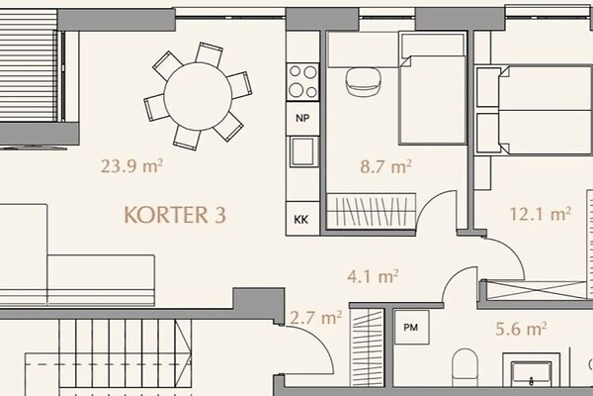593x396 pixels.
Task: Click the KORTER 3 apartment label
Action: click(x=175, y=215)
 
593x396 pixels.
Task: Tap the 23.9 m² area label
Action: click(x=131, y=166)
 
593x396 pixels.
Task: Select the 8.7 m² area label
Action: click(x=385, y=166)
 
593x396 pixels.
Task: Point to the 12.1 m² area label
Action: click(x=540, y=214)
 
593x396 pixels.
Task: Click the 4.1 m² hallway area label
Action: click(x=373, y=276)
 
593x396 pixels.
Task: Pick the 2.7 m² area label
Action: click(x=316, y=318)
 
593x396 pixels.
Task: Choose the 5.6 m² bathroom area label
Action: click(x=521, y=329)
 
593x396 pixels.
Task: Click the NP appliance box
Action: click(x=302, y=118)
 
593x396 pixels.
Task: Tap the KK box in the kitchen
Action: click(x=301, y=219)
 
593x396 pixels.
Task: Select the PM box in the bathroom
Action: click(x=411, y=327)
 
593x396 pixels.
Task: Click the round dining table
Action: click(x=198, y=97)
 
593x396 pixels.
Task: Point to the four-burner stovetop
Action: click(x=302, y=82)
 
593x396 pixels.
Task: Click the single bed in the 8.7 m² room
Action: click(x=432, y=88)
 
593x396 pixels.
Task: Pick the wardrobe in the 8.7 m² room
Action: click(x=372, y=211)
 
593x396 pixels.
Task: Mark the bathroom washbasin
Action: click(x=531, y=370)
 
